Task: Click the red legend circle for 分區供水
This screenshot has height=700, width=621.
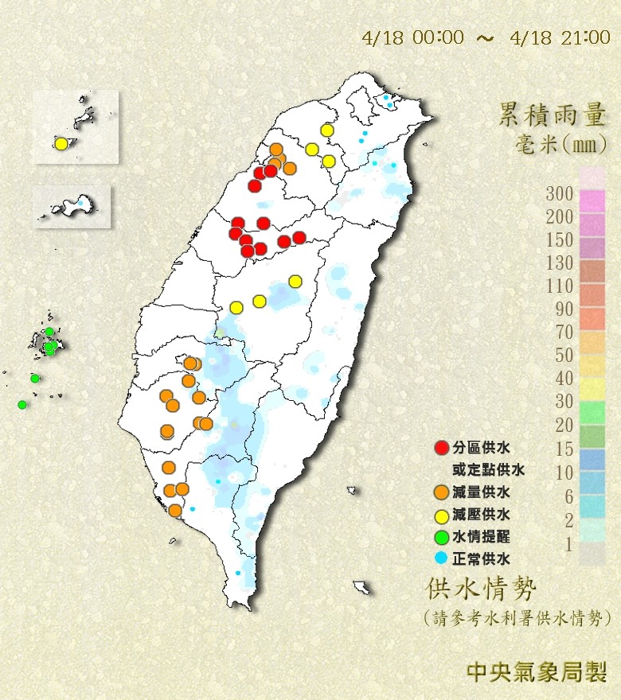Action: [x=441, y=448]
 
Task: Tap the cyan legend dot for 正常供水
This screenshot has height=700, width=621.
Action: [x=441, y=558]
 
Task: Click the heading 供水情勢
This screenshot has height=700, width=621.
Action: [x=482, y=589]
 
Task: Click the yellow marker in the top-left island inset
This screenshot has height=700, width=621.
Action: [x=61, y=144]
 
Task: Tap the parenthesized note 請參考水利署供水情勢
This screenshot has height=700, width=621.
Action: [x=517, y=617]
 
